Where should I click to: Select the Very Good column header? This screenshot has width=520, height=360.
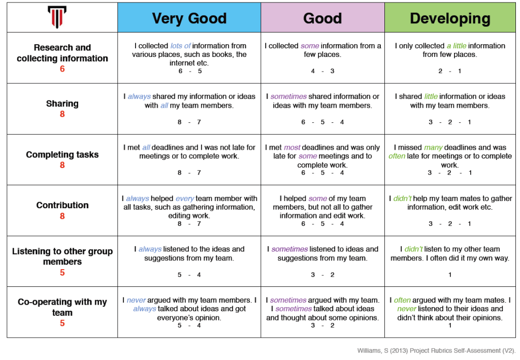pos(189,18)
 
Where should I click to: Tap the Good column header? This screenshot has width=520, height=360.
pos(322,18)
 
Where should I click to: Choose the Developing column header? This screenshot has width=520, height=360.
pos(450,18)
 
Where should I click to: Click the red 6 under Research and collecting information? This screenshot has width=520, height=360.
pos(62,69)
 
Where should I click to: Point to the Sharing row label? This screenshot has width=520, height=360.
pos(62,104)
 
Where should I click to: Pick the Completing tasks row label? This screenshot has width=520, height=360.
pos(62,154)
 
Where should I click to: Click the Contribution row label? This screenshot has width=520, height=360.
pos(62,205)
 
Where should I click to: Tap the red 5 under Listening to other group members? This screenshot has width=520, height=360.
pos(62,273)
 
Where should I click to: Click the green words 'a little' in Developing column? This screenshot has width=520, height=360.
pos(456,46)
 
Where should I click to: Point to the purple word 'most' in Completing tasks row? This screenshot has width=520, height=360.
pos(292,147)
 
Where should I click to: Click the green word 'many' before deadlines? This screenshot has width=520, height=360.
pos(433,147)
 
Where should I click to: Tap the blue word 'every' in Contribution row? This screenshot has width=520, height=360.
pos(184,199)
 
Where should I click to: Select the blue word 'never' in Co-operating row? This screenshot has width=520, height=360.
pos(136,300)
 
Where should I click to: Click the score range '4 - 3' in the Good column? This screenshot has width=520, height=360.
pos(322,71)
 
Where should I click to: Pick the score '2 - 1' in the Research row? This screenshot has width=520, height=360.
pos(450,71)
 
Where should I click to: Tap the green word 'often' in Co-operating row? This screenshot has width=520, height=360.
pos(402,300)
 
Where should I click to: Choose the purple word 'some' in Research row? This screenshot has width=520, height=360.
pos(310,46)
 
